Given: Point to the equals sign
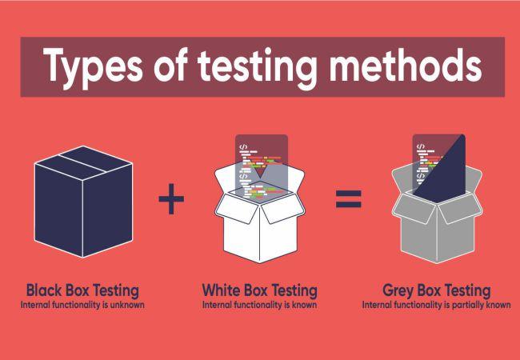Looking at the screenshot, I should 348,198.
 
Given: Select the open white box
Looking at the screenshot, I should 260,224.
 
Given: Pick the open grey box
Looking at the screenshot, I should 438,224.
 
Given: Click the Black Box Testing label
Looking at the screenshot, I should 82,290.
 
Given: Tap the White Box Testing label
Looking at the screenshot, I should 260,290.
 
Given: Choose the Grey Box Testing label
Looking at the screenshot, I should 437,290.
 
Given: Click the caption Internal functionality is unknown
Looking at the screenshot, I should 82,304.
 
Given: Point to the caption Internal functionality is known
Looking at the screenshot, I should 260,304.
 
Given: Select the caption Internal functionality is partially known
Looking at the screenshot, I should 437,304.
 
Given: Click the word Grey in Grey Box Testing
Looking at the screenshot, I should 399,290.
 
